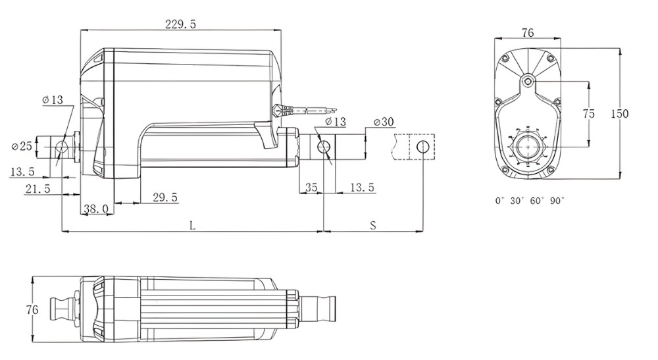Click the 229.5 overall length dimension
pos(180,24)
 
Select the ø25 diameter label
pos(22,146)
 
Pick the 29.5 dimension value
pos(164,197)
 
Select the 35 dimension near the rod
pos(311,188)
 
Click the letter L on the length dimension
pos(191,225)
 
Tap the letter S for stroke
pos(372,225)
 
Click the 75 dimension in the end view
pos(589,114)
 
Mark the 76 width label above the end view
pos(527,32)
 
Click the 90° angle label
pos(557,201)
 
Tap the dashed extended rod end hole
pos(422,146)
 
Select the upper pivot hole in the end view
pos(528,82)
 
